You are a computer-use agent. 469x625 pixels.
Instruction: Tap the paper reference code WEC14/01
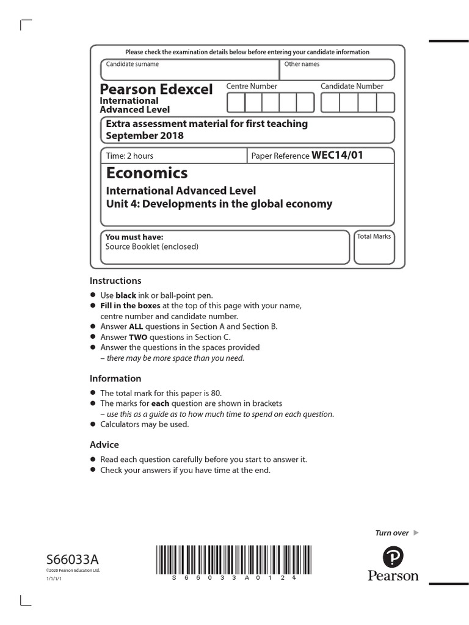coord(337,155)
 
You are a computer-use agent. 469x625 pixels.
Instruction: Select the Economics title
coord(147,173)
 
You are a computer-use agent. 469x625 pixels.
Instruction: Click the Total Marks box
coord(374,247)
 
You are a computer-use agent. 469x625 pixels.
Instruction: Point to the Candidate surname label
coord(132,64)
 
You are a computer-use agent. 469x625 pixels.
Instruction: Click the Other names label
coord(302,64)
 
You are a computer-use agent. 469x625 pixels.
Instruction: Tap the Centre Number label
coord(252,86)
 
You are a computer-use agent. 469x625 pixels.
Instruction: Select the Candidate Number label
coord(352,86)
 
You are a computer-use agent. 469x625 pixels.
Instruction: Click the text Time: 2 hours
coord(129,156)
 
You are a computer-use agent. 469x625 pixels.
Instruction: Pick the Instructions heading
coord(115,281)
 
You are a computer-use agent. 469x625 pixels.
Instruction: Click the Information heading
coord(115,378)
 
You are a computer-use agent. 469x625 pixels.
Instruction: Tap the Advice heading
coord(104,445)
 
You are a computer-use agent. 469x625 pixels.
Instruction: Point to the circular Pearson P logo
coord(393,557)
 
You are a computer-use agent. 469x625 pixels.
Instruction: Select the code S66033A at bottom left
coord(72,560)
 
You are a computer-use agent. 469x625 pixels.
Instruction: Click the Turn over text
coord(391,533)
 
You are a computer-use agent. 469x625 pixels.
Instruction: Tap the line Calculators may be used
coord(145,424)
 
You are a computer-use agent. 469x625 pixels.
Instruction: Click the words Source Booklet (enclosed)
coord(151,247)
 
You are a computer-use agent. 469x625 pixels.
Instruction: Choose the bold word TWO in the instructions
coord(137,337)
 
